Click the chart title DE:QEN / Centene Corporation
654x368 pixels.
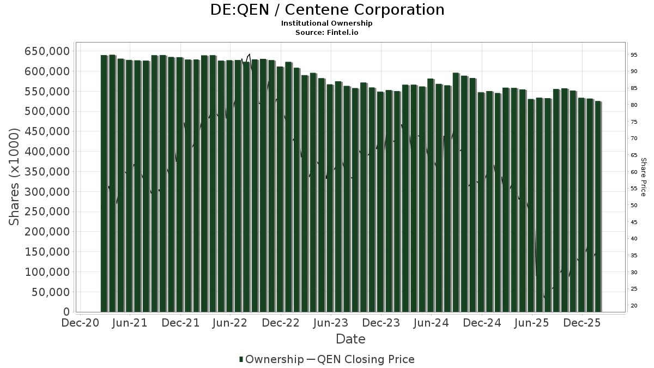point(327,10)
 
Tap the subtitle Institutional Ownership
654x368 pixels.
point(327,23)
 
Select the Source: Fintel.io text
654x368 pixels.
point(327,32)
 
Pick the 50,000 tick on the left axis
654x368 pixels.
point(50,292)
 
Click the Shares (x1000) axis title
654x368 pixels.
point(15,177)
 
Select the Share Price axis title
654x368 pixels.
point(644,177)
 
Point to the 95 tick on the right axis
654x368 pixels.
point(634,55)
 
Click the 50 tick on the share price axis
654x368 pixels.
point(634,206)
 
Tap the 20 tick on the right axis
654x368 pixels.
point(634,306)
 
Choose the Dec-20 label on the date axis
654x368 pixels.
point(81,323)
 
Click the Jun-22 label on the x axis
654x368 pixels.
point(231,323)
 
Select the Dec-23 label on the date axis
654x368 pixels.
point(381,323)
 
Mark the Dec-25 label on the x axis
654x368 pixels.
point(582,323)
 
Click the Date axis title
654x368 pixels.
point(350,339)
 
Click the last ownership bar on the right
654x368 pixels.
point(598,207)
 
